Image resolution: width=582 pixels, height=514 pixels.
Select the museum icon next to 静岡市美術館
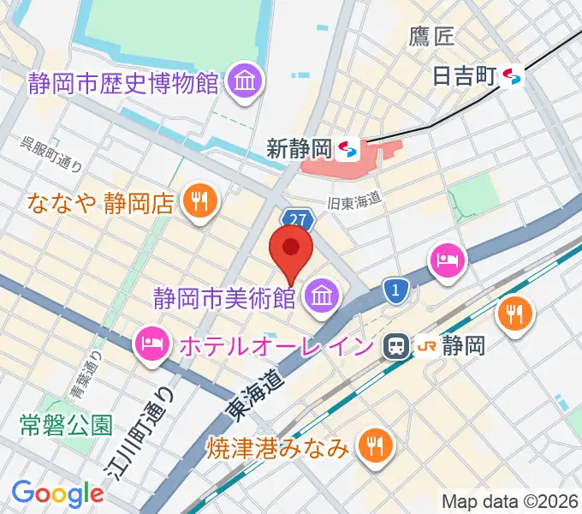[323, 297]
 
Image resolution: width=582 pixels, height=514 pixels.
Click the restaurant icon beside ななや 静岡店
[202, 203]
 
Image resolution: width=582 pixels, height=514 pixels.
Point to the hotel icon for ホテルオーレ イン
[151, 346]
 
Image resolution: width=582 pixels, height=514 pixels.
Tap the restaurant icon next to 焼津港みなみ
[375, 445]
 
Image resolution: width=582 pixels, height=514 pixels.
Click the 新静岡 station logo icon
[347, 150]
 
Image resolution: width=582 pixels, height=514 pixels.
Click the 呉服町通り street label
[51, 154]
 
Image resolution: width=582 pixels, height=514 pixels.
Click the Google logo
[57, 493]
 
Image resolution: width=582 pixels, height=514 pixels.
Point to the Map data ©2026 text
[510, 501]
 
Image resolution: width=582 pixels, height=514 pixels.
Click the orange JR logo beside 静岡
[427, 346]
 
